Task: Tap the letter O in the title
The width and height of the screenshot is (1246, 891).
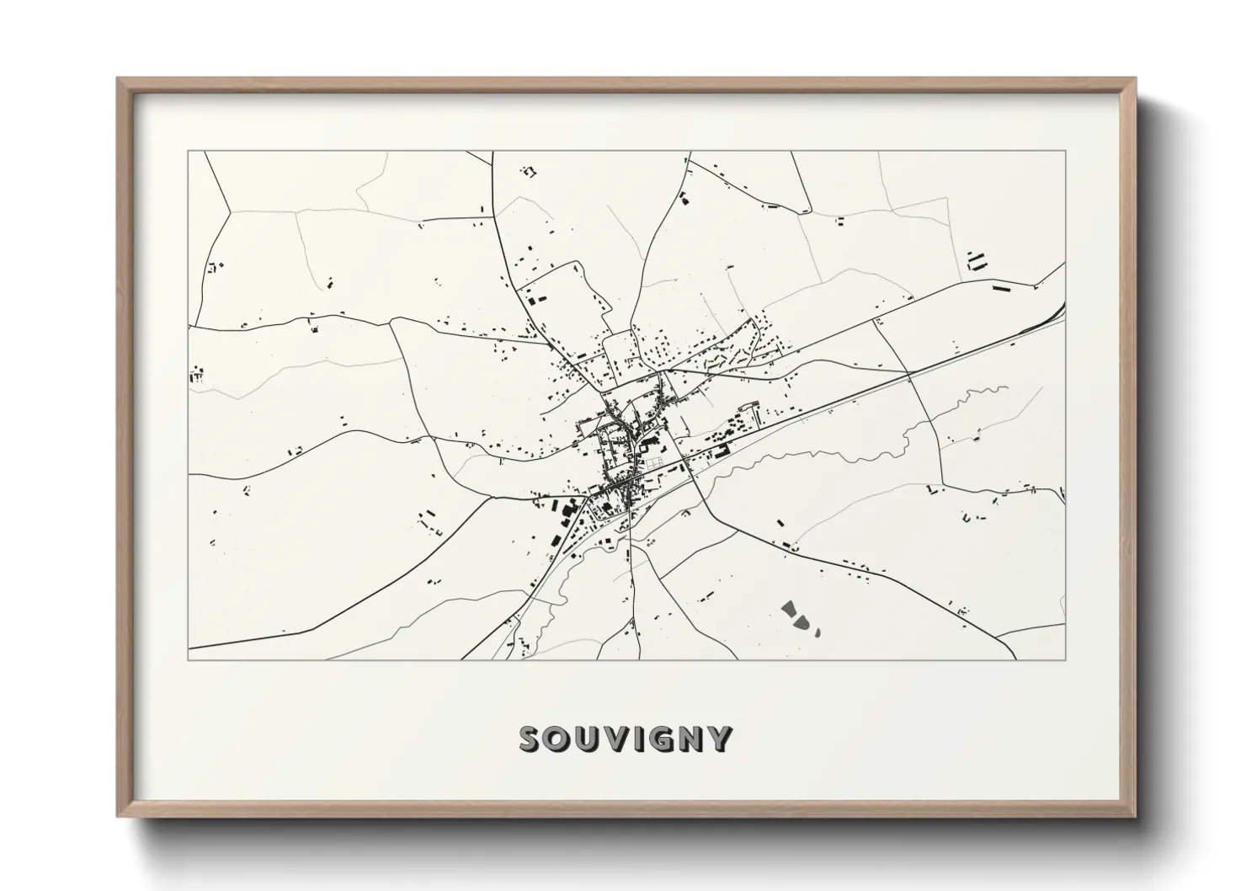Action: coord(559,739)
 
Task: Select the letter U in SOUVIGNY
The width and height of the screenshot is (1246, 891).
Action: coord(588,739)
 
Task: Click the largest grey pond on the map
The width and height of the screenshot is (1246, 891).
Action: coord(790,610)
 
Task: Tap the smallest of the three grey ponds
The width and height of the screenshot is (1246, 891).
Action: coord(817,629)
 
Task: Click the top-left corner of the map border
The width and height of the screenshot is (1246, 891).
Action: coord(189,152)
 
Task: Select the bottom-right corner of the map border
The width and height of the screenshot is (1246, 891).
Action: coord(1065,659)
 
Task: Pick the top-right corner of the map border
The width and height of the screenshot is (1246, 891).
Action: coord(1065,152)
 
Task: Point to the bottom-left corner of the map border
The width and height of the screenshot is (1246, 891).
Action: coord(189,659)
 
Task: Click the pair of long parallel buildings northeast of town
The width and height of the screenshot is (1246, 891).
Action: coord(977,259)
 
